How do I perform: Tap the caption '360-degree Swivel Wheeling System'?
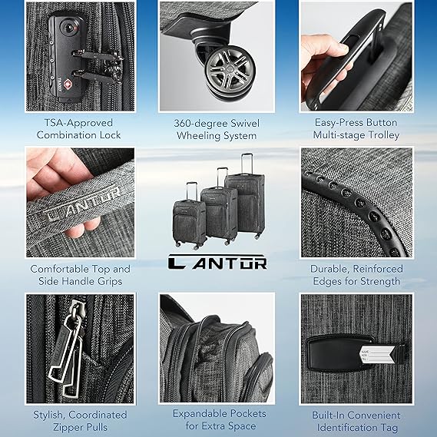pyautogui.click(x=219, y=129)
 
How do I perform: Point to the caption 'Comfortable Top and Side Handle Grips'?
pyautogui.click(x=80, y=275)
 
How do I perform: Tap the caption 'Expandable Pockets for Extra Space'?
pyautogui.click(x=218, y=421)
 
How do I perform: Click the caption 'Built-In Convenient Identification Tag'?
pyautogui.click(x=356, y=421)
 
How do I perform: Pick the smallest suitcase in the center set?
pyautogui.click(x=189, y=219)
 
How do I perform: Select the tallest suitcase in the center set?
pyautogui.click(x=245, y=201)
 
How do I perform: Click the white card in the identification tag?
pyautogui.click(x=376, y=358)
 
